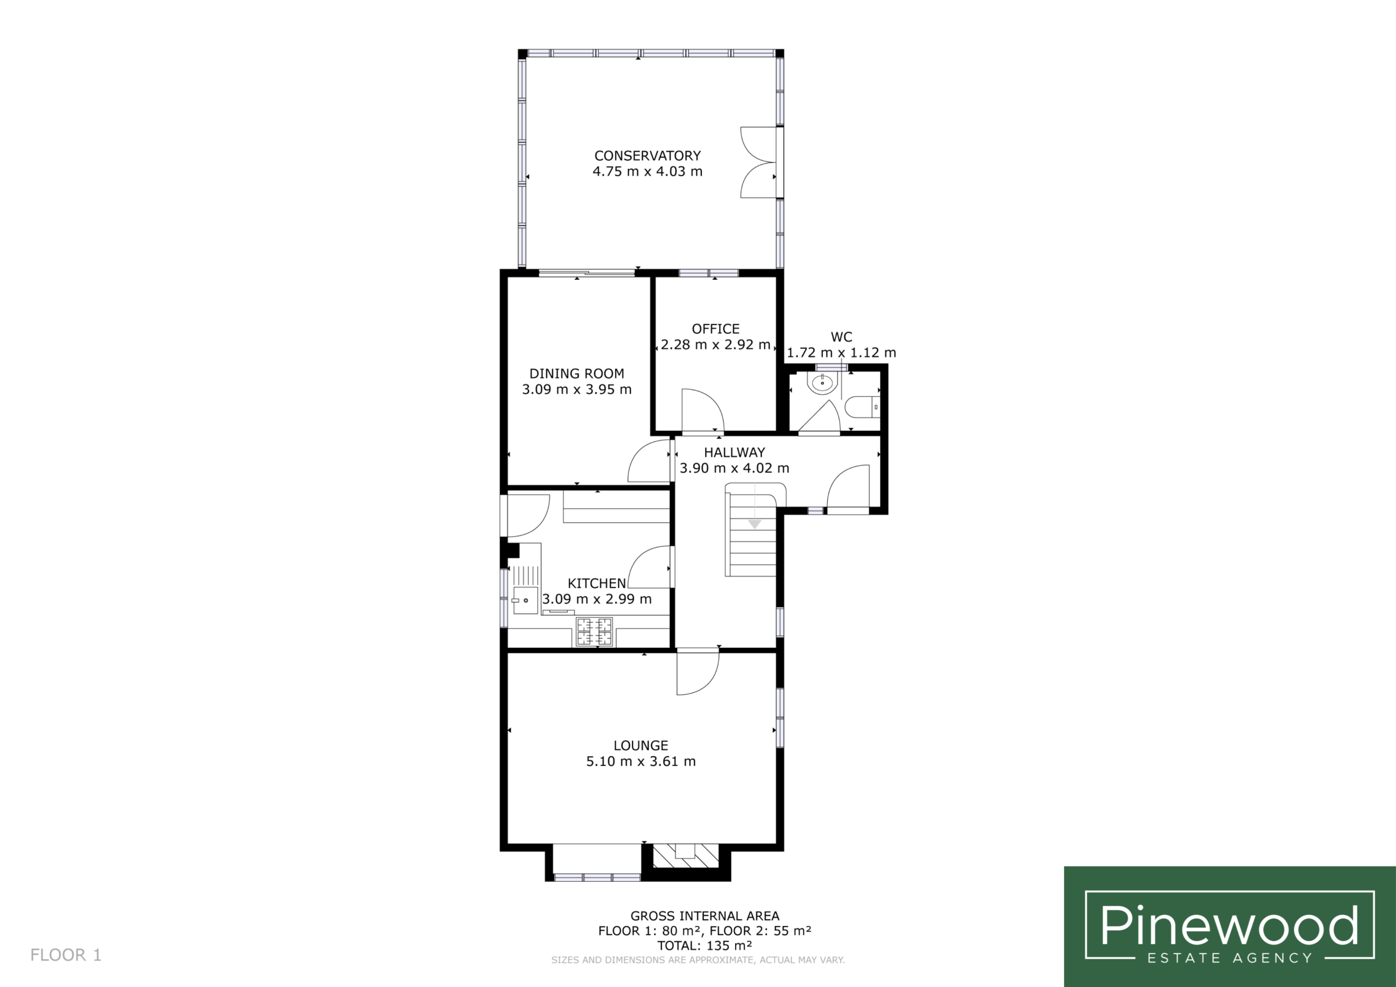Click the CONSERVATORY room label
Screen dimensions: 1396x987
(x=647, y=155)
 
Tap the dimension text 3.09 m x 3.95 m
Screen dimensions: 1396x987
(x=576, y=389)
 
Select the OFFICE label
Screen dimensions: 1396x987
(x=715, y=329)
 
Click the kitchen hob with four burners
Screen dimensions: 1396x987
(x=594, y=631)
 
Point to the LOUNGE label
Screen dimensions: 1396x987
(x=641, y=745)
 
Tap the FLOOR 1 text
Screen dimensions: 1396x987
(x=65, y=955)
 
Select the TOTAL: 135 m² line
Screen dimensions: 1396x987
(x=705, y=946)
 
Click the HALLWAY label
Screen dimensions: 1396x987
(x=735, y=453)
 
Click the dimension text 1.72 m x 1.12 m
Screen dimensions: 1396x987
(x=841, y=353)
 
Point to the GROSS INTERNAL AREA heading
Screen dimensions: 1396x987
(x=705, y=916)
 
